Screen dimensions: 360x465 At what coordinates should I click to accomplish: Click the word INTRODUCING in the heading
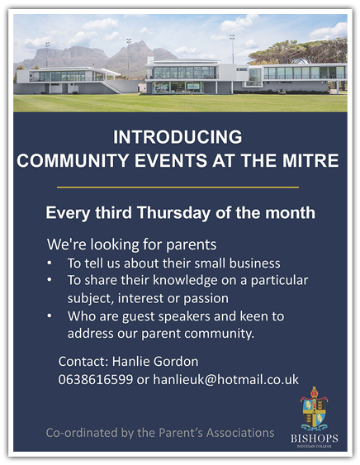pos(178,137)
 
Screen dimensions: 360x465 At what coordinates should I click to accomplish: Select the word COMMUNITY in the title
pos(73,160)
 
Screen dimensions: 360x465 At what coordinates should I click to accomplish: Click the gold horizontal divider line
pos(178,187)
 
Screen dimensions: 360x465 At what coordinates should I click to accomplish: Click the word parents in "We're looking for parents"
pos(191,245)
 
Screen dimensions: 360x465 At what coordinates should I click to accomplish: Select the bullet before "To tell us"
pos(50,263)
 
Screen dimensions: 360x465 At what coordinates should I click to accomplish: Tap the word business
pos(255,263)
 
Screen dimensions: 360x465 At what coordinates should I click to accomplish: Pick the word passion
pos(206,298)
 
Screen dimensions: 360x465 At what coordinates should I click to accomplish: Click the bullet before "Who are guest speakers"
pos(50,316)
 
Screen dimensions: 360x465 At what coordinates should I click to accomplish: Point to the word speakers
pos(184,316)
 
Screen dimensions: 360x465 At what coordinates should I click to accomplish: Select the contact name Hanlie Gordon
pos(155,362)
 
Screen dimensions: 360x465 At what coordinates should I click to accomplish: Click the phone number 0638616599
pos(96,380)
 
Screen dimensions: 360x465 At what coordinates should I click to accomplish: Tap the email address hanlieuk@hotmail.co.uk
pos(225,380)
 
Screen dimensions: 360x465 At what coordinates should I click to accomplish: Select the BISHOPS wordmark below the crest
pos(315,439)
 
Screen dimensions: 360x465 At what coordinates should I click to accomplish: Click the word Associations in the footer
pos(240,433)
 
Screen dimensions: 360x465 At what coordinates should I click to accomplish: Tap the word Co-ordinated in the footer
pos(82,433)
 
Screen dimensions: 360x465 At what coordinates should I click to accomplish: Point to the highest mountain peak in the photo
pos(140,42)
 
